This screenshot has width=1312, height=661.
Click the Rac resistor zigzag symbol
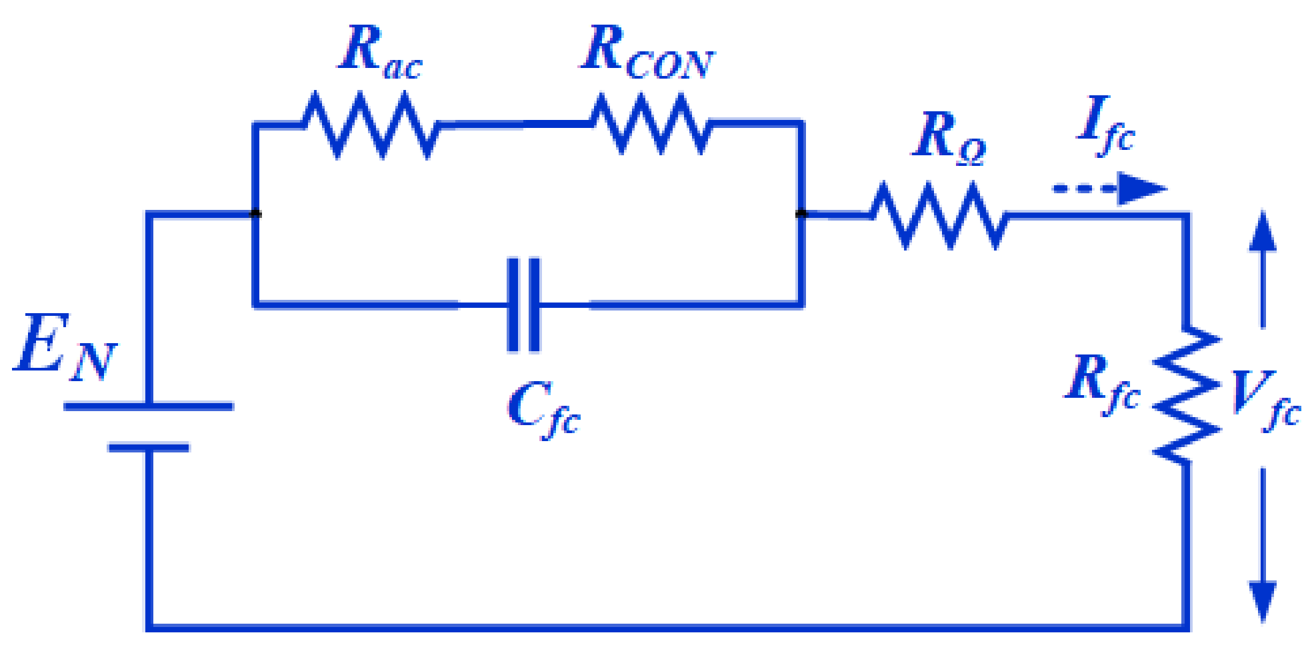(371, 125)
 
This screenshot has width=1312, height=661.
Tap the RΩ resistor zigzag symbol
(939, 215)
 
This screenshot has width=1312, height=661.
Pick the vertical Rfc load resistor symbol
(1187, 394)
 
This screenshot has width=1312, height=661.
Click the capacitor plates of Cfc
(524, 305)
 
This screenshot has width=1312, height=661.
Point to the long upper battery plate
(149, 406)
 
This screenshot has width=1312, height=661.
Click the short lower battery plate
(149, 448)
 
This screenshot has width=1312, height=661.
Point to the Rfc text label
(1101, 383)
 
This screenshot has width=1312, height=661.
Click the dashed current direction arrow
(1109, 189)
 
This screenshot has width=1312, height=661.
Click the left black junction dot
(255, 214)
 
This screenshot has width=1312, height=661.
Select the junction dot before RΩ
(801, 214)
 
